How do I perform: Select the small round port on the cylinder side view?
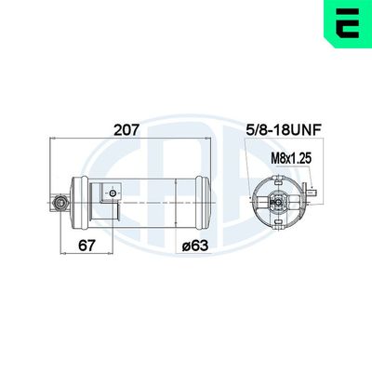[113, 193]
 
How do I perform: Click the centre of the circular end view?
[277, 199]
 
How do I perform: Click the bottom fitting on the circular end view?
[277, 221]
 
